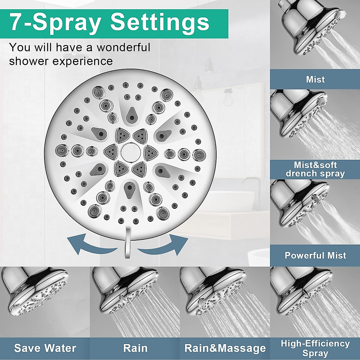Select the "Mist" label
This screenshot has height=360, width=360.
[315, 79]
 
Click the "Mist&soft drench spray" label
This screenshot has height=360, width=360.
[315, 169]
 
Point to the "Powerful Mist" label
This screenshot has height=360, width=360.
[315, 255]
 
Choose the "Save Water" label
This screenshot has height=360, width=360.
[45, 348]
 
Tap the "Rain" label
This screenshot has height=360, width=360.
[135, 348]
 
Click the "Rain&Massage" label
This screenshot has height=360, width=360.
[225, 348]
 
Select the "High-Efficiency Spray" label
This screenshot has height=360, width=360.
[315, 348]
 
